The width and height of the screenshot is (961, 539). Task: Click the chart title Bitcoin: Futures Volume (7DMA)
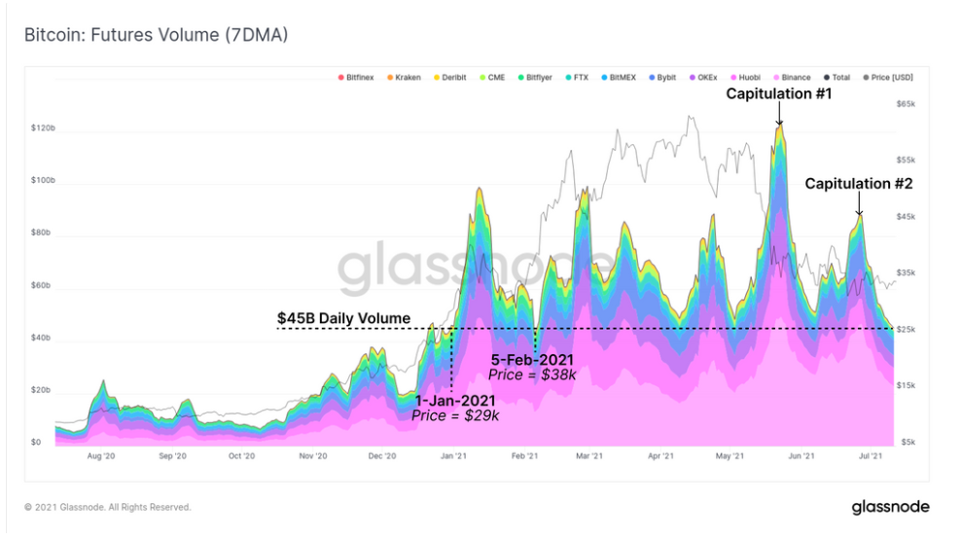[156, 35]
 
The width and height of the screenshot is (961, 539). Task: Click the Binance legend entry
[794, 77]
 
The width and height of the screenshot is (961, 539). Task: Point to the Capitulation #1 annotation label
[779, 95]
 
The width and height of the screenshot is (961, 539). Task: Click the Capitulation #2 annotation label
[859, 183]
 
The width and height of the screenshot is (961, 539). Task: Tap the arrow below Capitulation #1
[779, 116]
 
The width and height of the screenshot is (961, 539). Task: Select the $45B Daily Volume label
[343, 318]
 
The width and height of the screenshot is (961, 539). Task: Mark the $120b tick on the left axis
[42, 128]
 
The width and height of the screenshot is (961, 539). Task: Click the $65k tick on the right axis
[907, 103]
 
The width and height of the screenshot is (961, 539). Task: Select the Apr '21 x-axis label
[661, 455]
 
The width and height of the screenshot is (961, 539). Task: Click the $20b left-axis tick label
[42, 390]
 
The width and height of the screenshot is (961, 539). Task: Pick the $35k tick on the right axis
[907, 273]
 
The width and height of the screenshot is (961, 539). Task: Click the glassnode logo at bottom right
[890, 507]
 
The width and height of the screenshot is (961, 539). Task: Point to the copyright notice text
[108, 507]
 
